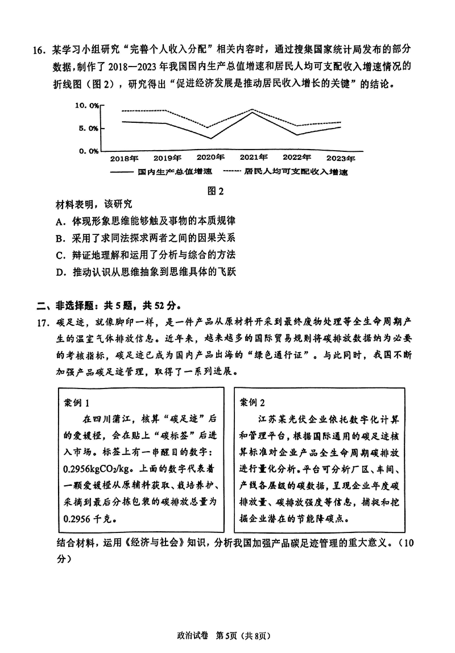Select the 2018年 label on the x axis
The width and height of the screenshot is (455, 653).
point(124,158)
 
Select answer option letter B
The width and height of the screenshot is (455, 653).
point(59,238)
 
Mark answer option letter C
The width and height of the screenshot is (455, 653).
point(59,255)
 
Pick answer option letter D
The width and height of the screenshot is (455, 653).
point(59,272)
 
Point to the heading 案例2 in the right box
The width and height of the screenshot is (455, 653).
point(253,402)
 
